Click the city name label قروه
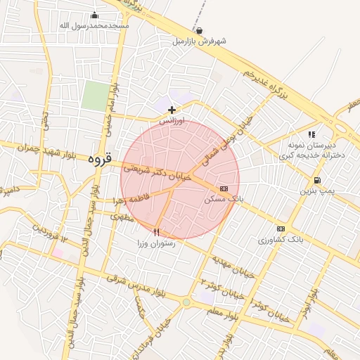pos(100,160)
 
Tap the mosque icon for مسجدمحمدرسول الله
pos(95,15)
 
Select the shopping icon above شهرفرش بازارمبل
pos(200,30)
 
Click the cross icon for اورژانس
pos(172,110)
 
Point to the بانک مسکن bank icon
pos(224,188)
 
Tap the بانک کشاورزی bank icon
pos(281,229)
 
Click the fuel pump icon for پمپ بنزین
pos(317,180)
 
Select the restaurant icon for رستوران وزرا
pos(156,231)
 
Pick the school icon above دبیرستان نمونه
pos(311,134)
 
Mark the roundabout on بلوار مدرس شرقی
pos(186,303)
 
